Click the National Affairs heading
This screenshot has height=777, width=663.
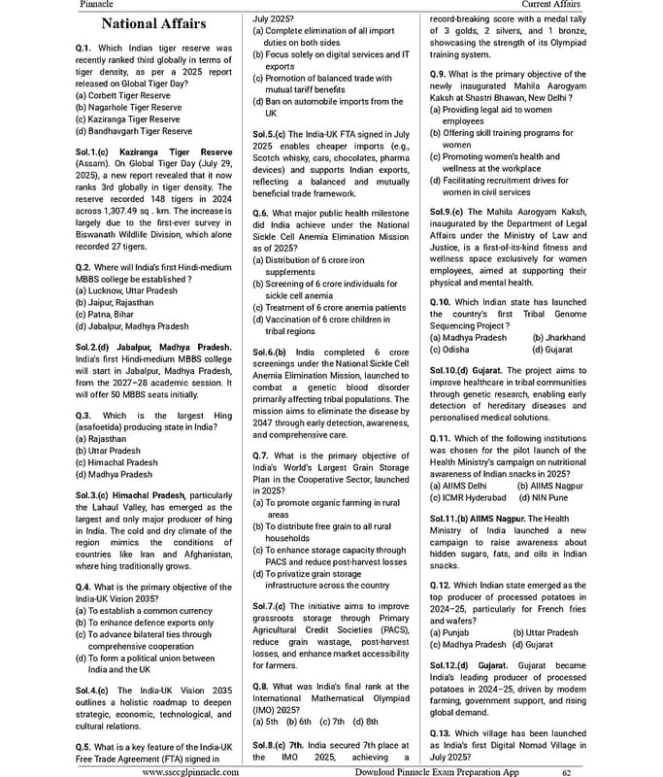(154, 23)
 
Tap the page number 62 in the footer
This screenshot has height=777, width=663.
(566, 771)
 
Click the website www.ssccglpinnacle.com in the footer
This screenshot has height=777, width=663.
(191, 771)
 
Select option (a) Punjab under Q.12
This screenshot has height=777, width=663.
(452, 632)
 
